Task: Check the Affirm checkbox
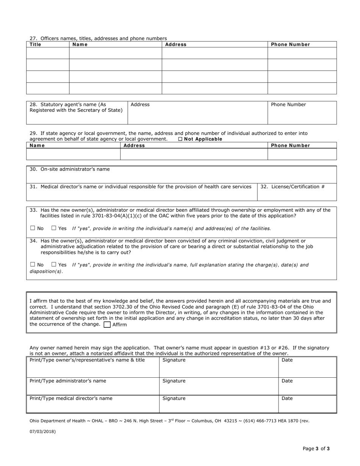[x=107, y=325]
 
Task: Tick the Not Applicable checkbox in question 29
[x=180, y=139]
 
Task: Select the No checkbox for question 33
[x=33, y=228]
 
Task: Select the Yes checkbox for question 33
[x=54, y=228]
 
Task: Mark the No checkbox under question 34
[x=33, y=264]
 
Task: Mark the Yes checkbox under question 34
[x=54, y=264]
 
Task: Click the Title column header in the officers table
[x=36, y=44]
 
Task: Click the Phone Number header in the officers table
[x=290, y=44]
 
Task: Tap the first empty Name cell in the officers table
[x=115, y=53]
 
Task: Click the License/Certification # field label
[x=293, y=187]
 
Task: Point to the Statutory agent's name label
[x=76, y=108]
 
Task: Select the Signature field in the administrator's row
[x=219, y=386]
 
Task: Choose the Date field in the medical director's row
[x=307, y=404]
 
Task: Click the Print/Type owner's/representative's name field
[x=92, y=367]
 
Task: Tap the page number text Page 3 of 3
[x=316, y=449]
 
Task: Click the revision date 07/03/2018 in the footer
[x=42, y=431]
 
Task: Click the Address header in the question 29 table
[x=134, y=145]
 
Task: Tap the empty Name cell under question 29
[x=73, y=154]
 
